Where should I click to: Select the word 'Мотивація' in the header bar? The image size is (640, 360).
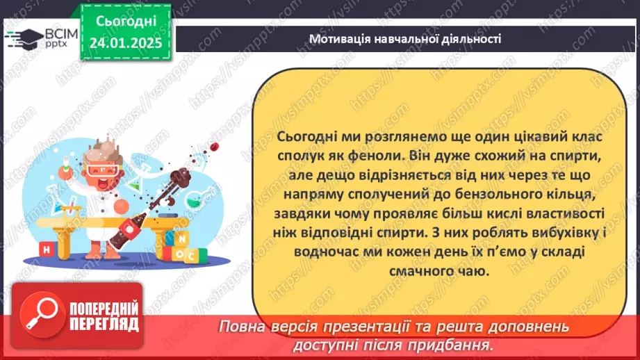340,39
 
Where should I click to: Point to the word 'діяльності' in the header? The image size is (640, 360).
473,39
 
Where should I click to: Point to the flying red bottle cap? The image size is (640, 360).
216,146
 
